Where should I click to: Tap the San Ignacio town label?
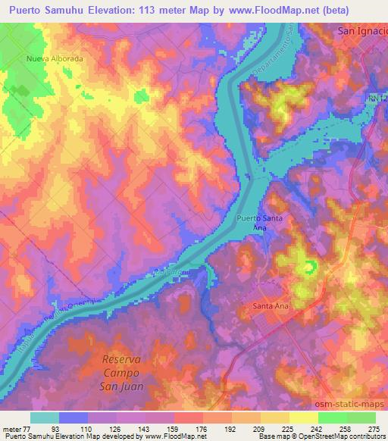pyautogui.click(x=361, y=32)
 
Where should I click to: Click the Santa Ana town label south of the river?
pyautogui.click(x=267, y=307)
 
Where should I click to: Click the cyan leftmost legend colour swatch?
pyautogui.click(x=44, y=417)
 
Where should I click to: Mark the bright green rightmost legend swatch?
pyautogui.click(x=361, y=417)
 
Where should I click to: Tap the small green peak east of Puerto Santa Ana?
pyautogui.click(x=309, y=267)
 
